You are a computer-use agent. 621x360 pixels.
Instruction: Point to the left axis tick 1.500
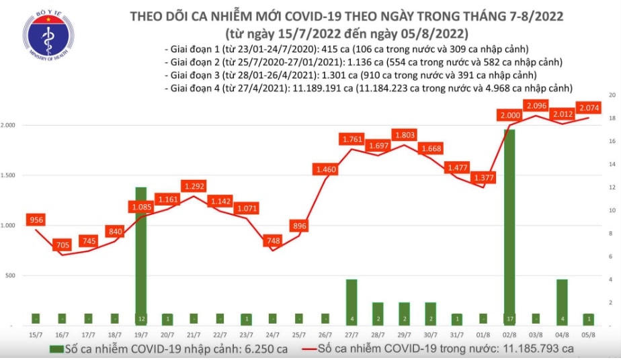click(x=9, y=175)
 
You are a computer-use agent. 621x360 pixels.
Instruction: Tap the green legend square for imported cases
click(x=52, y=349)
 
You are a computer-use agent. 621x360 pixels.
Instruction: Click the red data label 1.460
click(x=325, y=171)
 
